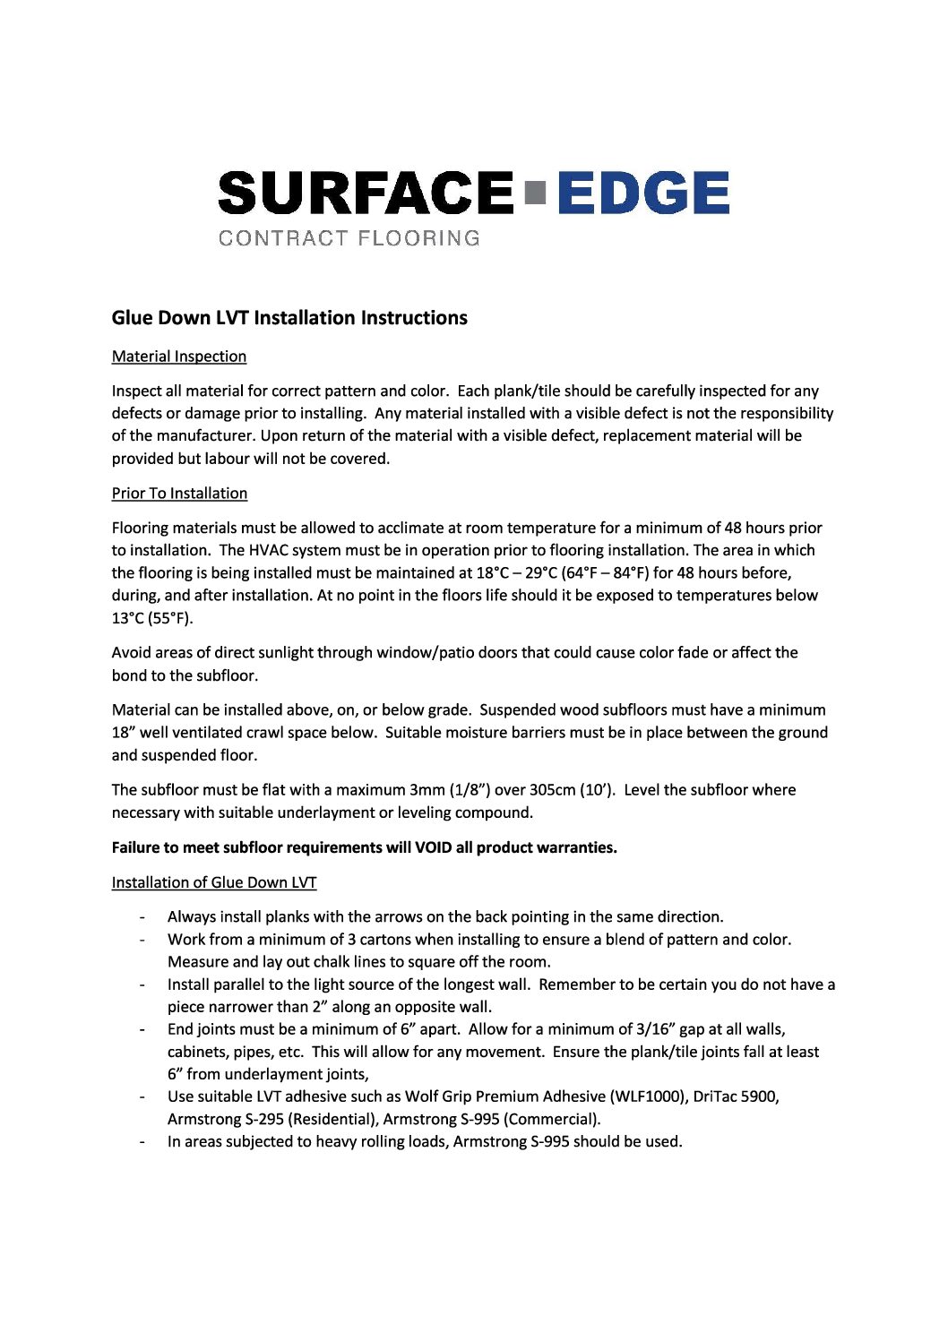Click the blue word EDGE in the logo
tap(642, 193)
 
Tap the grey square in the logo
tap(536, 193)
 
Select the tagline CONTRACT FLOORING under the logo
tap(349, 238)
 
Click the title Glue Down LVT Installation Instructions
tap(289, 318)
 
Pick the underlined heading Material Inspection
tap(179, 357)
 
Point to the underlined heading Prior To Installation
tap(179, 494)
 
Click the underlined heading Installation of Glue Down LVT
tap(214, 882)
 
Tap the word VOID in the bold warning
tap(434, 847)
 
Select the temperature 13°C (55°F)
tap(152, 618)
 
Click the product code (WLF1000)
tap(649, 1096)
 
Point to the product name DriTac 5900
tap(736, 1096)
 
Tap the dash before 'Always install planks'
tap(142, 917)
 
